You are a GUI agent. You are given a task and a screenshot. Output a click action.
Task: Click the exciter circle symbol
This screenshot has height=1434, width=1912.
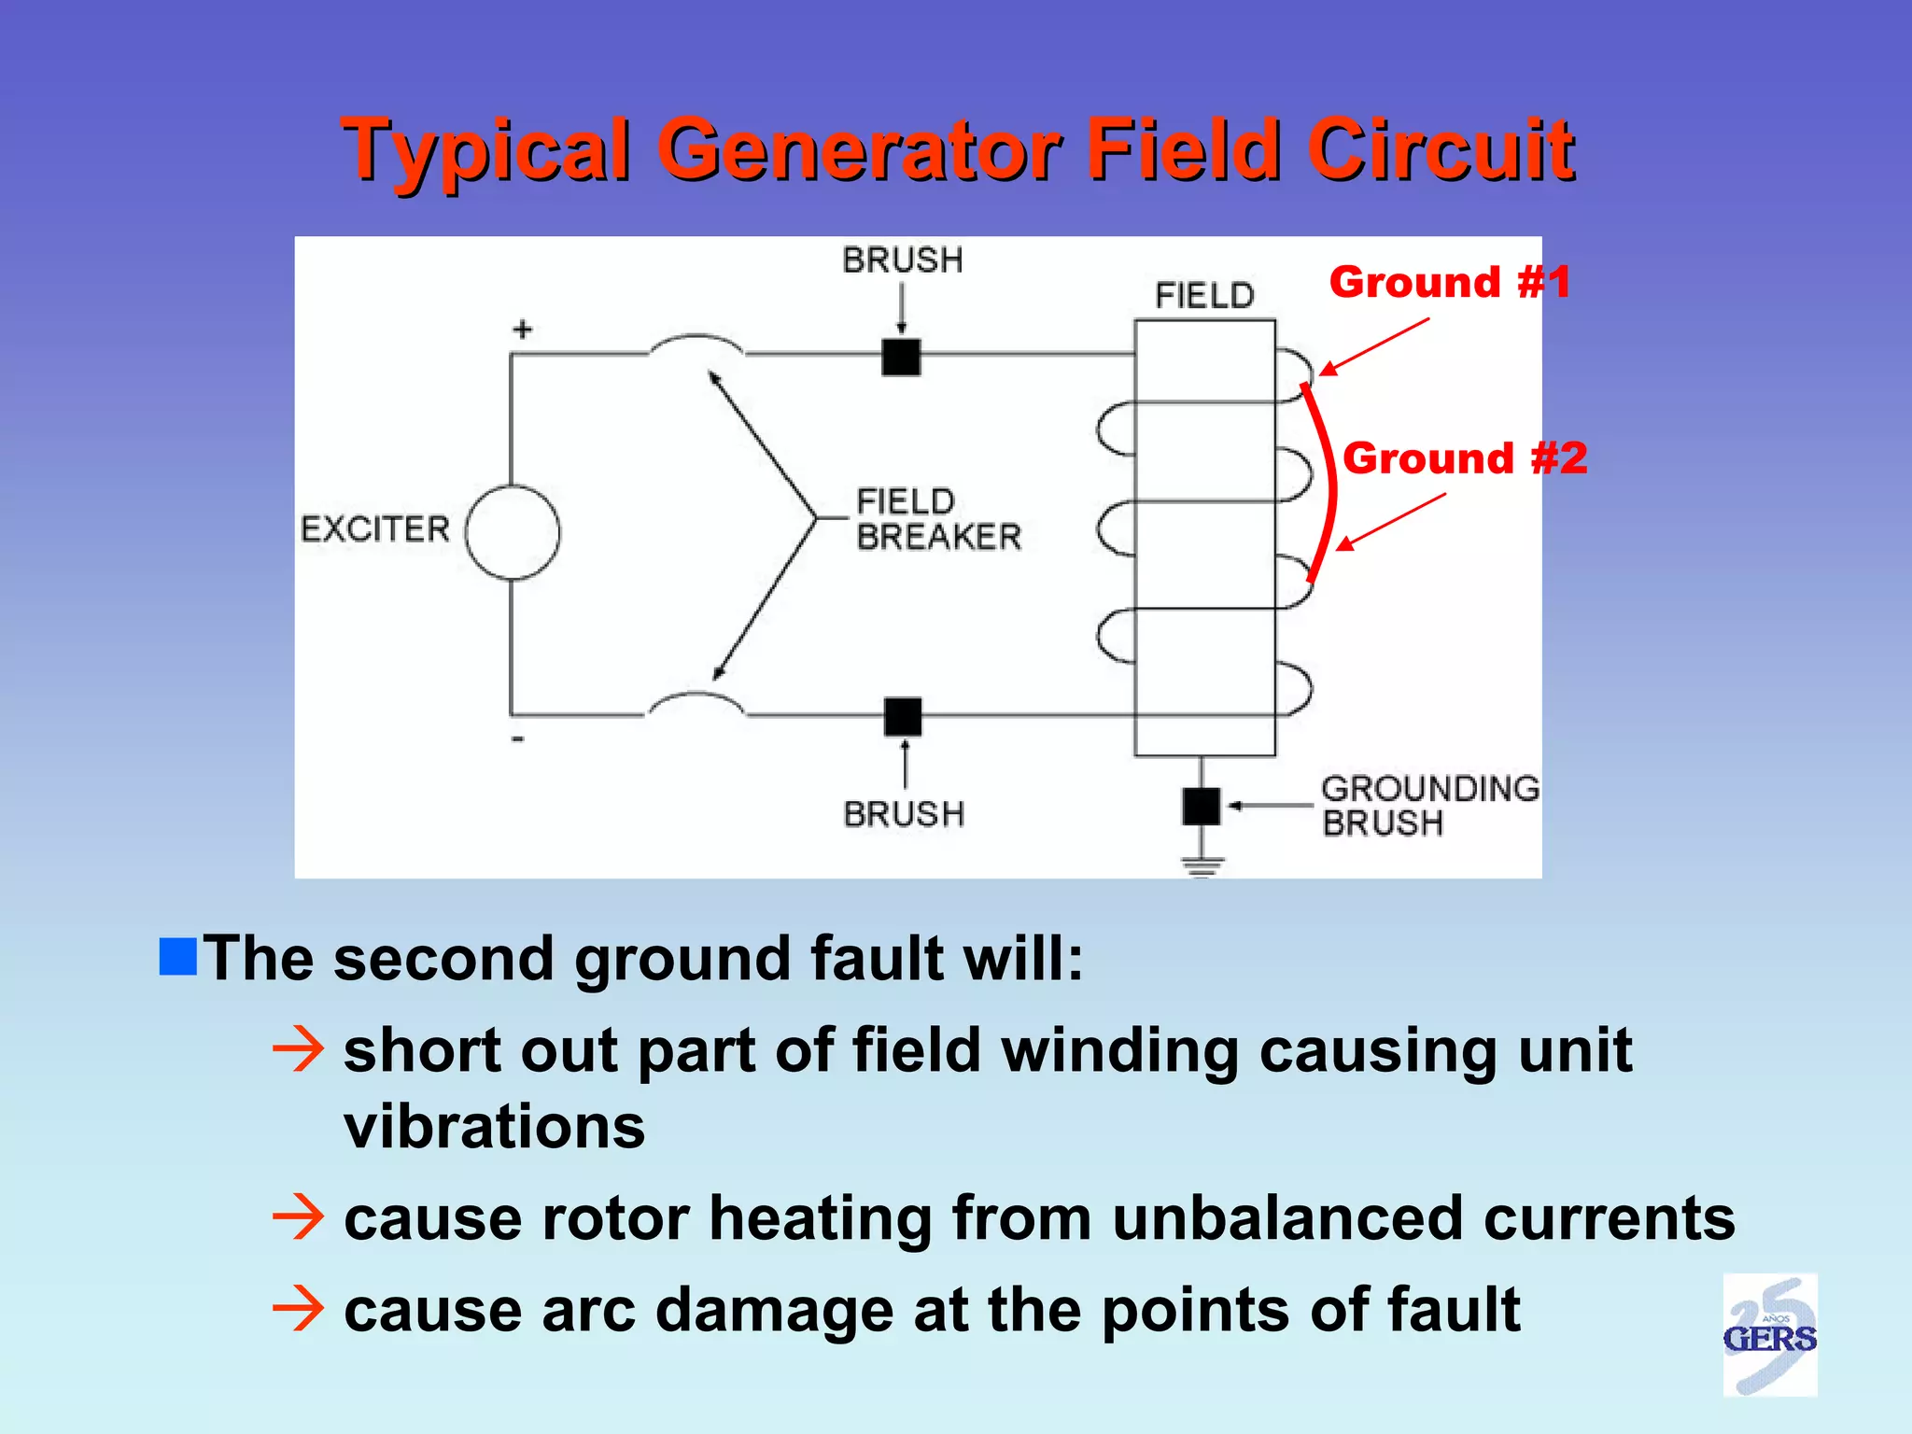coord(513,533)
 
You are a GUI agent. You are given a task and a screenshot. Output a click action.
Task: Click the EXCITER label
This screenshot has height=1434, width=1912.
coord(374,529)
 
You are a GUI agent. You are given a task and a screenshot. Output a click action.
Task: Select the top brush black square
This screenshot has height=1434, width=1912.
coord(901,357)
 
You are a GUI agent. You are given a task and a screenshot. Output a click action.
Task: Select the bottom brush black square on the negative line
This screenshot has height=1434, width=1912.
coord(903,716)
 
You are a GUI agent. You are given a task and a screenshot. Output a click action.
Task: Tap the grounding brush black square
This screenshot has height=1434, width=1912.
coord(1201,806)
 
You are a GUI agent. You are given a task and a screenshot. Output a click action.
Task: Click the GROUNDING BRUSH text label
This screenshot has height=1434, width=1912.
coord(1428,806)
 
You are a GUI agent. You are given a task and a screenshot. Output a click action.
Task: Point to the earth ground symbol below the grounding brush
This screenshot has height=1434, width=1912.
coord(1202,865)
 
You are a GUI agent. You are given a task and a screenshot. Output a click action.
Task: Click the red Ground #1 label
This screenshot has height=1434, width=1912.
coord(1450,282)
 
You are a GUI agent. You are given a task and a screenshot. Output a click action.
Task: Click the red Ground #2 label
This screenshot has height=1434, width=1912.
coord(1464,458)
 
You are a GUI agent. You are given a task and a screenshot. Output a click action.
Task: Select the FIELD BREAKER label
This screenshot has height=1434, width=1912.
coord(937,519)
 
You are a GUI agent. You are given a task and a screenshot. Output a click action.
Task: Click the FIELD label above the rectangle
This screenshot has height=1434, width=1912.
coord(1204,296)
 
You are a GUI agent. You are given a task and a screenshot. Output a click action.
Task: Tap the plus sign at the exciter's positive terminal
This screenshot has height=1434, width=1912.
coord(523,330)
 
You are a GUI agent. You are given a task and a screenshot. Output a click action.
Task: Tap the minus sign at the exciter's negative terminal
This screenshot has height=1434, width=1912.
coord(518,739)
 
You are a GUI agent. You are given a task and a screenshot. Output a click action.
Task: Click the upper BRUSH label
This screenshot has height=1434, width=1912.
coord(902,260)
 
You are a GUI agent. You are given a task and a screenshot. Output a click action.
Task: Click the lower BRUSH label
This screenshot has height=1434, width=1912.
coord(903,814)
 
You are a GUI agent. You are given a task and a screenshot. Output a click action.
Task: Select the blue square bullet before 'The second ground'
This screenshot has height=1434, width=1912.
coord(177,957)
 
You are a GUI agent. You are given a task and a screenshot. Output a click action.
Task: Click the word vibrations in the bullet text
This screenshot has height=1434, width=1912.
coord(494,1127)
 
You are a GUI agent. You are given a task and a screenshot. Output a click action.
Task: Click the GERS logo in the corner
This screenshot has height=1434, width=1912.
coord(1769,1336)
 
